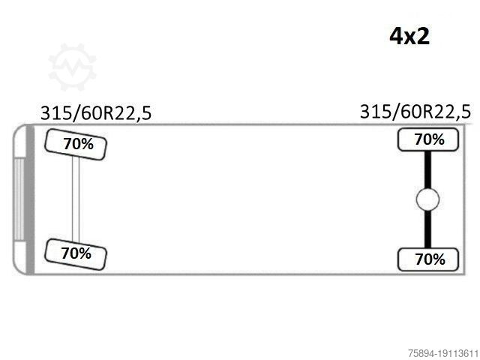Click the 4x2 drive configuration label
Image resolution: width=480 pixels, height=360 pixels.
(409, 37)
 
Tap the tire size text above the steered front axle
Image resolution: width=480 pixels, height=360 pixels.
(96, 113)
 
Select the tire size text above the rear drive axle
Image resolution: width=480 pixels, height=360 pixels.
(415, 112)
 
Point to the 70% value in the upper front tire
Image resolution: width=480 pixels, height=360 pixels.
(78, 144)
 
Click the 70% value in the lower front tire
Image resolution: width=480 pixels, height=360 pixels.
(76, 253)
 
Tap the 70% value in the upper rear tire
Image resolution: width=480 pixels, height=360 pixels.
(430, 139)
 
